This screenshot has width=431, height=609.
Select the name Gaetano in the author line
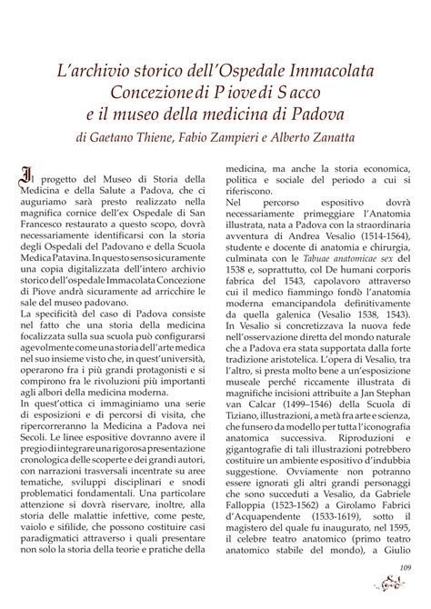pyautogui.click(x=115, y=139)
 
